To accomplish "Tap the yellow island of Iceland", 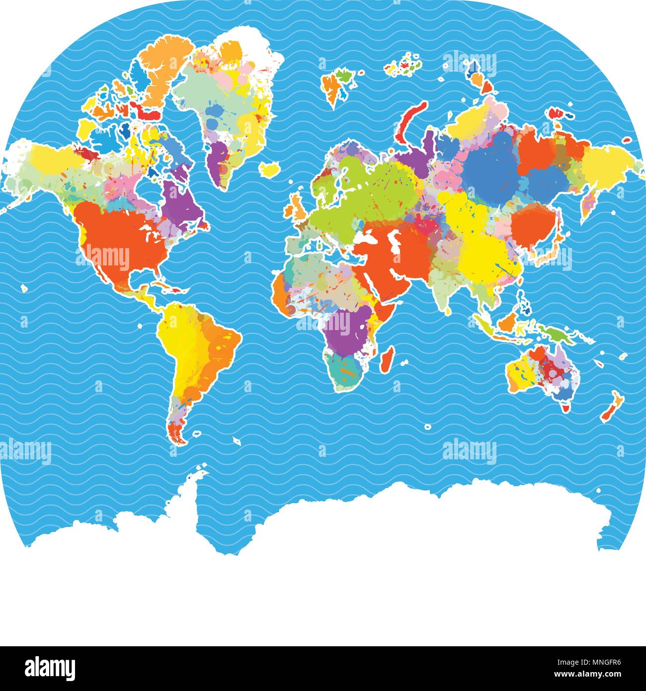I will coord(270,170).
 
